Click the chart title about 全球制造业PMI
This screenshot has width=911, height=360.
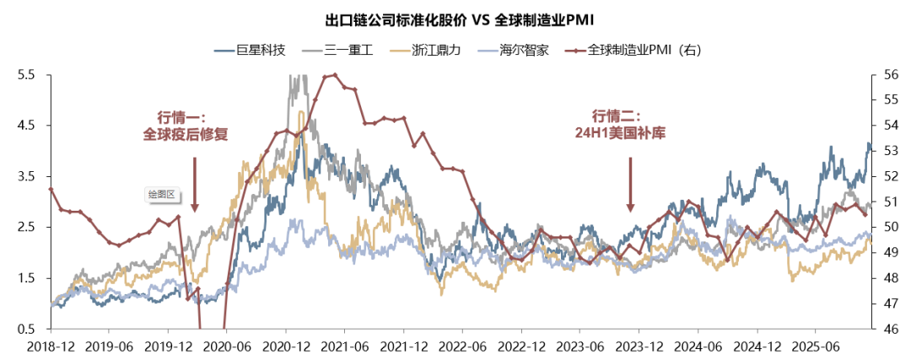455,19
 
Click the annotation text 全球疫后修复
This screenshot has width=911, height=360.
186,133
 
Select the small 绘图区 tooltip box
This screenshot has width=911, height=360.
160,194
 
